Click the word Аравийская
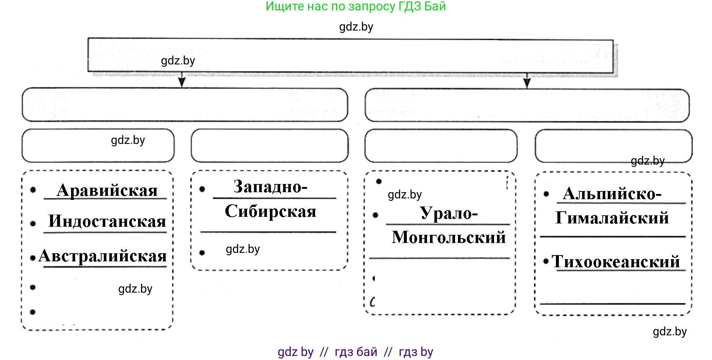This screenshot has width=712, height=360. [107, 190]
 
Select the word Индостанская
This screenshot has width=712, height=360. [107, 221]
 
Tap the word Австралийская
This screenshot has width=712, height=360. [103, 256]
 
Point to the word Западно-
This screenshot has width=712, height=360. [270, 187]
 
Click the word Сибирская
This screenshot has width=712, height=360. [271, 211]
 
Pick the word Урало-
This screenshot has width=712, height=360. [449, 213]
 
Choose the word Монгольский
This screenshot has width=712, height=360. [449, 237]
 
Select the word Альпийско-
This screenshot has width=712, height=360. [612, 194]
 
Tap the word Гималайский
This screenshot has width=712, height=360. [612, 218]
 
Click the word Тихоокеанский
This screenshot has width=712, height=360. [616, 262]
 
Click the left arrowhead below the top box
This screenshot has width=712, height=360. [181, 81]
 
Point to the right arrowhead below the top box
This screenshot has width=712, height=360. [527, 82]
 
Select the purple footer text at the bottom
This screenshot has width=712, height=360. [356, 352]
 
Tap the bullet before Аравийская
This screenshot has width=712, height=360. [33, 190]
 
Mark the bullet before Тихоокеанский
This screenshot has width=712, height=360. [546, 261]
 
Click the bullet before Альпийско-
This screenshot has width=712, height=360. [546, 194]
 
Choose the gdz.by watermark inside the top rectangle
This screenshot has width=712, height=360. [178, 61]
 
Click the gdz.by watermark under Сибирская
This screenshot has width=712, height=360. [243, 249]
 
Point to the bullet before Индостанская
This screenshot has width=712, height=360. [33, 223]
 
